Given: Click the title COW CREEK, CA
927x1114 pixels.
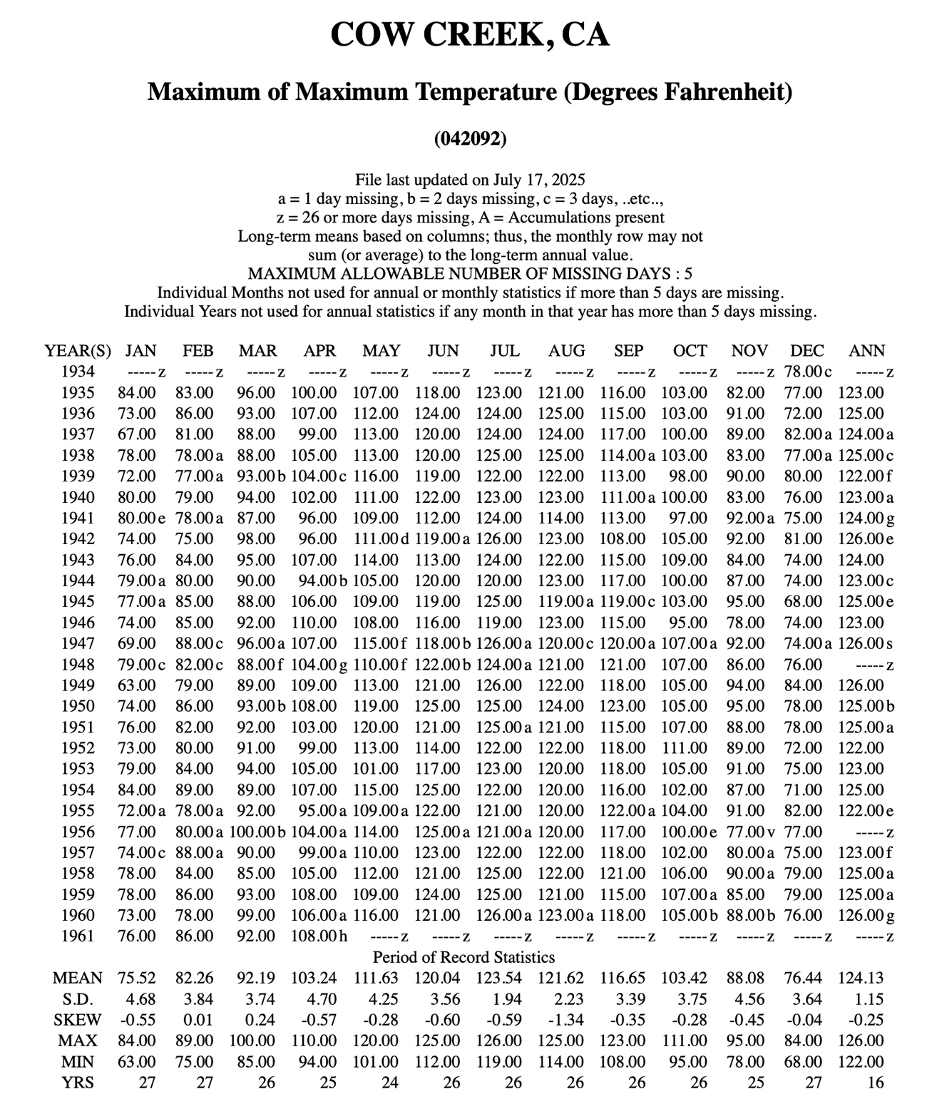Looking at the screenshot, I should [470, 34].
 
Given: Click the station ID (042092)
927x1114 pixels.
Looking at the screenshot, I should [470, 138].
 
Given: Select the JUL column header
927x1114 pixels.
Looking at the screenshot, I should [504, 351].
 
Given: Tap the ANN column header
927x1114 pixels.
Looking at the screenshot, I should [866, 351].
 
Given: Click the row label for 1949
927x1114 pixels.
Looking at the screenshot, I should [78, 685].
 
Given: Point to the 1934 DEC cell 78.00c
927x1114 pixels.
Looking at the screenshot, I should [808, 372].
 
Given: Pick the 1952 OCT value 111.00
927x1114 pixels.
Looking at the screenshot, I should [685, 748].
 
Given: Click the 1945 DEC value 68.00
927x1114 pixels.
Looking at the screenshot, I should [803, 602].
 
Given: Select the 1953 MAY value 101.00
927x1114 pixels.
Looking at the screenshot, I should [376, 769].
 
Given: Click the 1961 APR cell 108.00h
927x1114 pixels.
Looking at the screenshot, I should [319, 936].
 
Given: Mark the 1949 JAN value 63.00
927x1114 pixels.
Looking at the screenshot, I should [137, 685].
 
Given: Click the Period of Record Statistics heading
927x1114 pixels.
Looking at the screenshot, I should [463, 957].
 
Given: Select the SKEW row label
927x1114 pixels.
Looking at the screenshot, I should [77, 1020].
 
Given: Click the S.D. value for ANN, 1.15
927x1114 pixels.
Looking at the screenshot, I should [868, 999].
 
